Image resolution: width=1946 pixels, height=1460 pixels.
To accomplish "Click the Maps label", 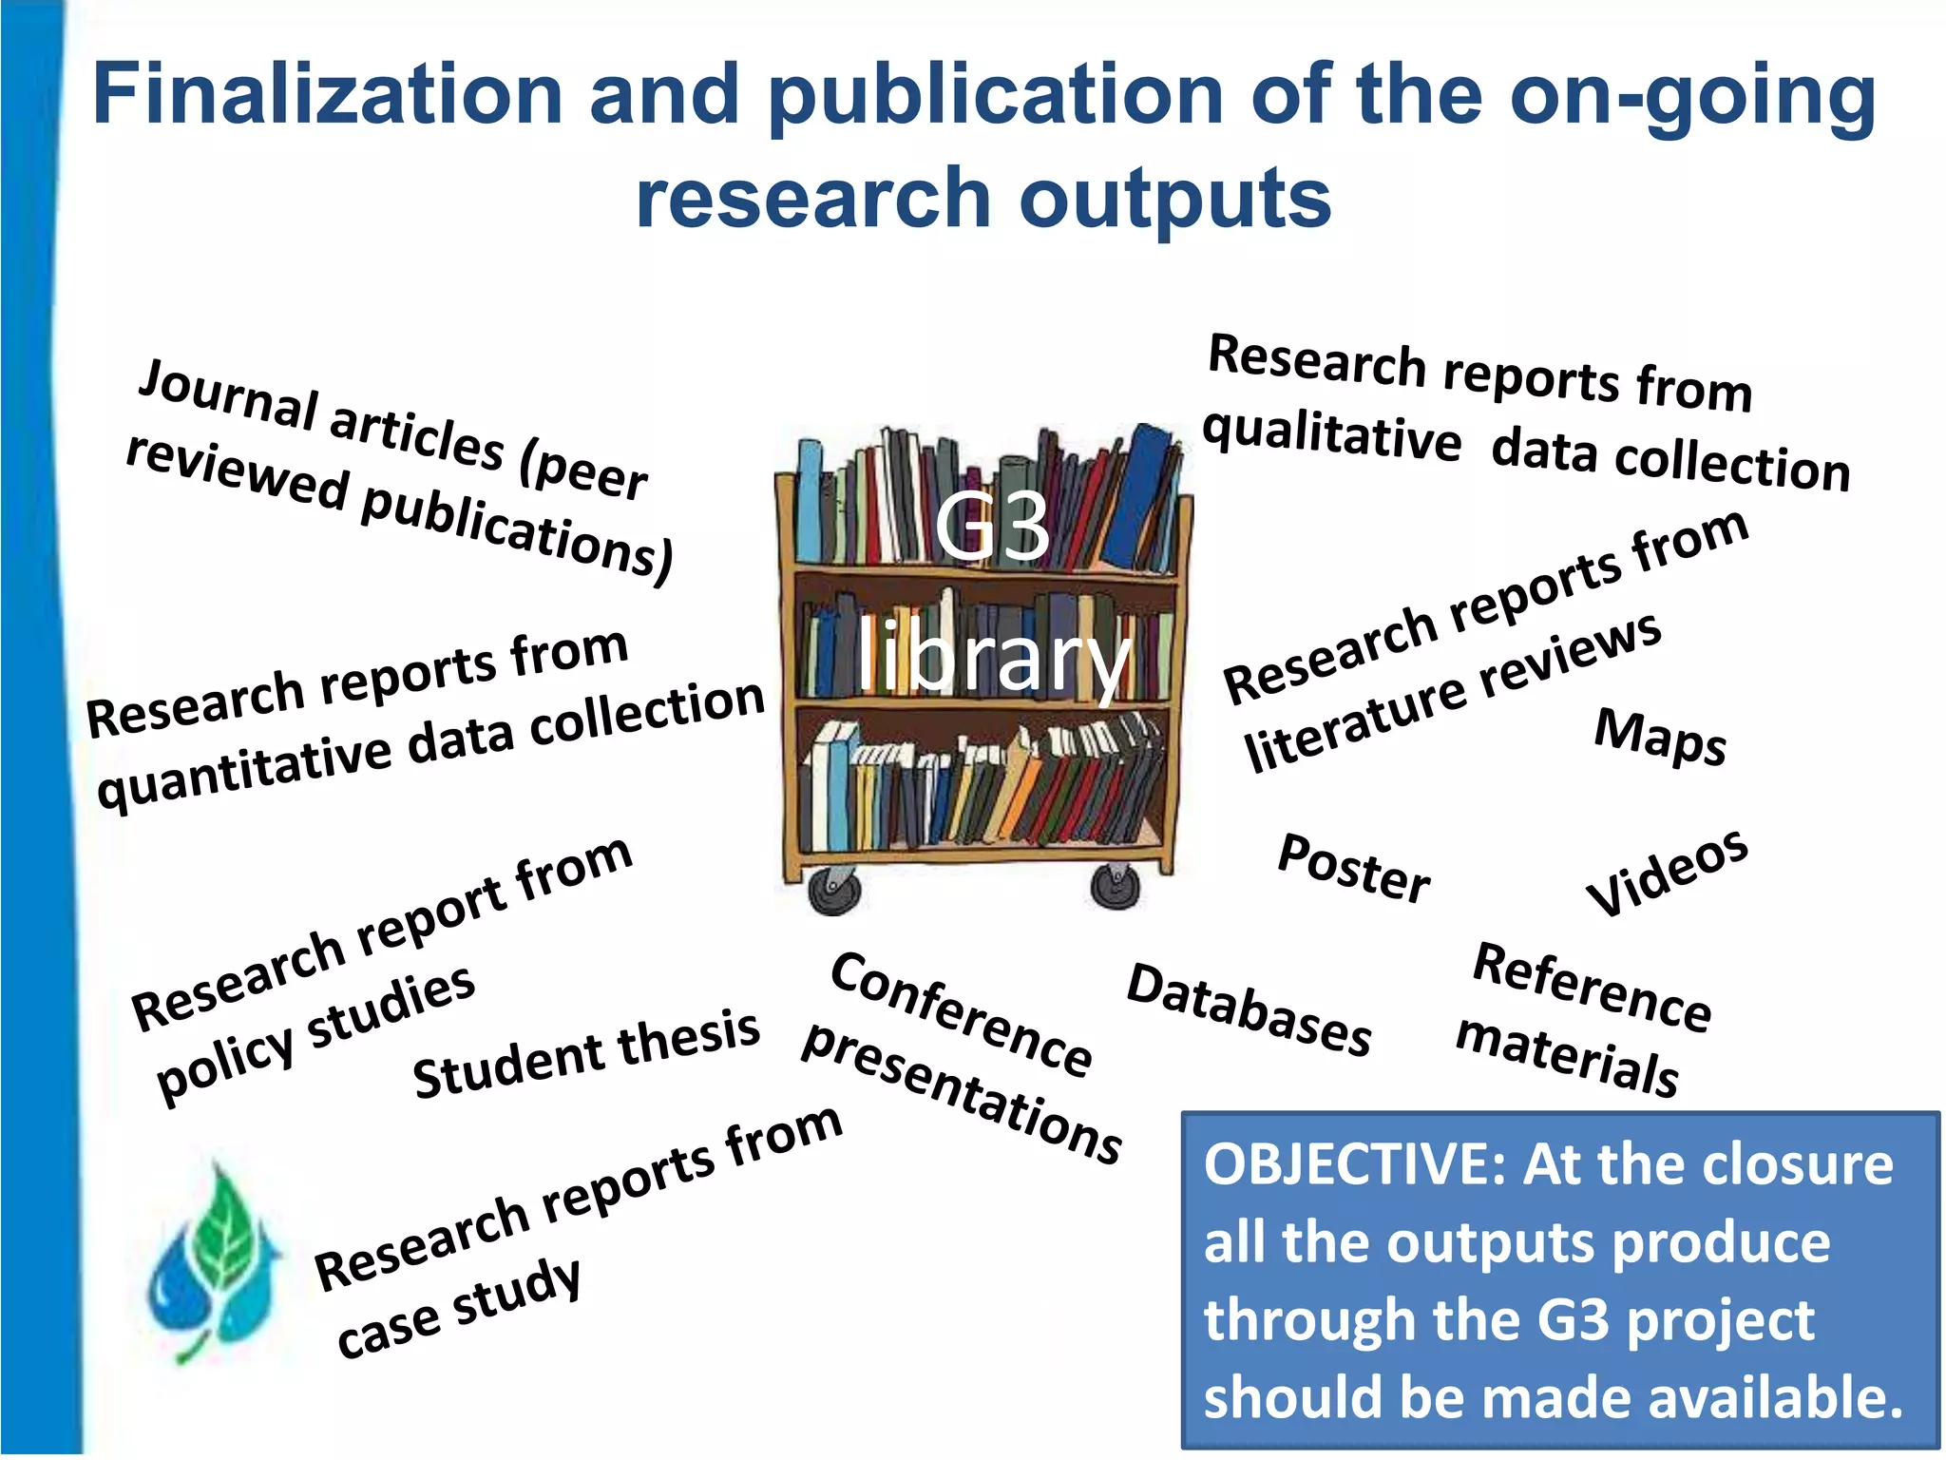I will coord(1659,737).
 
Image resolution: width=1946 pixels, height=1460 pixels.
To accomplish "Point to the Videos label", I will coord(1667,873).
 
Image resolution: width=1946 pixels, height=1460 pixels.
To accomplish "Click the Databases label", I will coord(1249,1009).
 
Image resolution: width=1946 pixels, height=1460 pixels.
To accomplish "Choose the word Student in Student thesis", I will coord(508,1066).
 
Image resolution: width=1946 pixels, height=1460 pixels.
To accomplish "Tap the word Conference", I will coord(961,1015).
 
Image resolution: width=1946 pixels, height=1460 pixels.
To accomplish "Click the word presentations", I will coord(962,1094).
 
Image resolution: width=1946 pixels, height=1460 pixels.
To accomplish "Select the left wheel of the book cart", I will coord(834,891).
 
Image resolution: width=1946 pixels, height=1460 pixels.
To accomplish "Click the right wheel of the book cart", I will coord(1116,886).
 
